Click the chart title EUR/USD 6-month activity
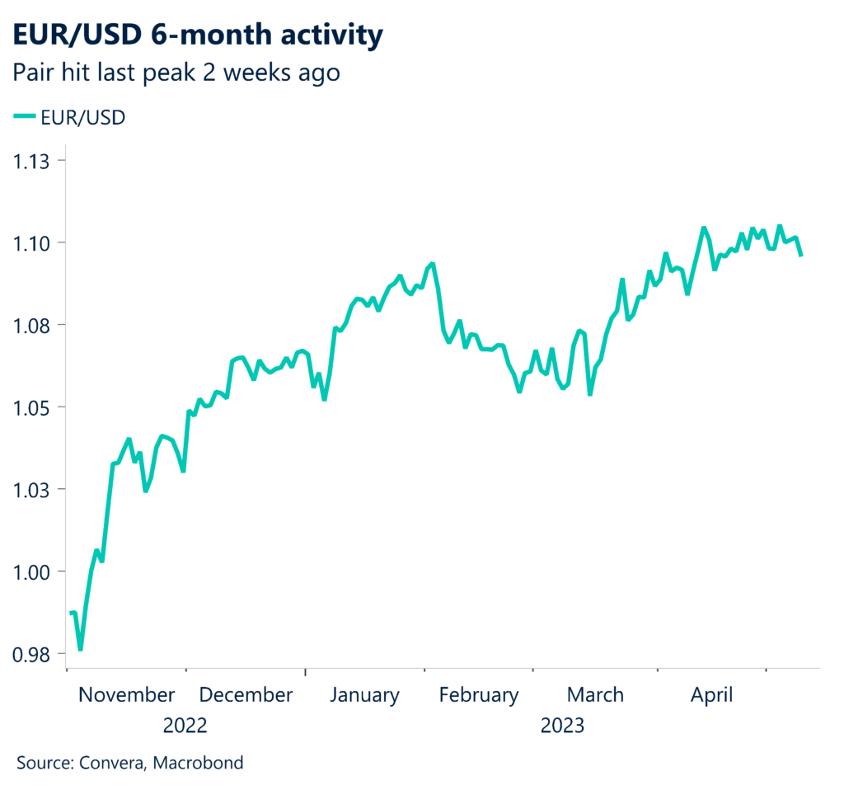[x=198, y=35]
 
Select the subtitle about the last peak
[x=176, y=73]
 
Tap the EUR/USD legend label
[x=82, y=118]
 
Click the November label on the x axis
[x=127, y=695]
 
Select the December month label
[x=246, y=695]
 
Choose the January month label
[x=364, y=695]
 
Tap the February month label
[x=479, y=695]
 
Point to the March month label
[x=595, y=695]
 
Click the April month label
[x=711, y=695]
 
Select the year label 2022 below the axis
[x=185, y=727]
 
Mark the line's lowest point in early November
[x=81, y=649]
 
